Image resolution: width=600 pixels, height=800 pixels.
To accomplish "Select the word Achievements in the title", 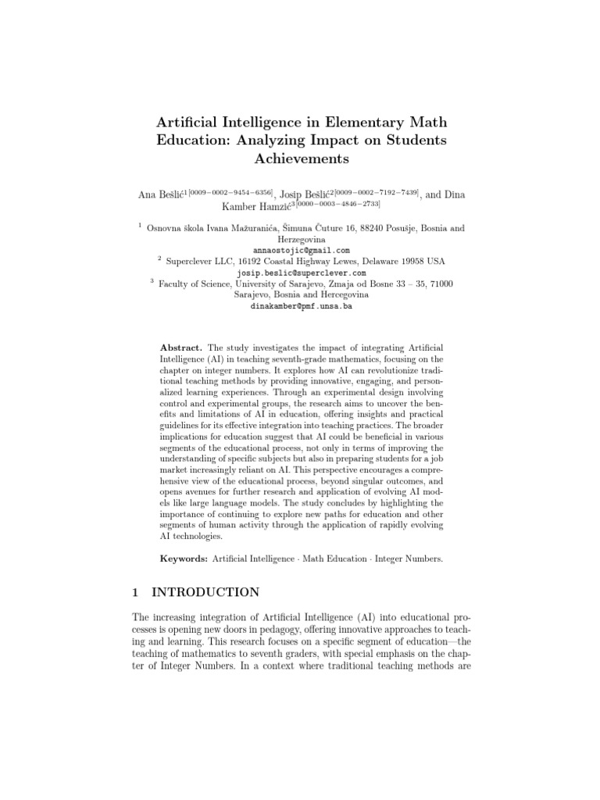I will pos(299,159).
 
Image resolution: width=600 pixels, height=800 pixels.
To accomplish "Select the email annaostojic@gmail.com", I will pos(300,250).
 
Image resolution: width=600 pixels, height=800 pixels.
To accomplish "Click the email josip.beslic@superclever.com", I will pos(300,273).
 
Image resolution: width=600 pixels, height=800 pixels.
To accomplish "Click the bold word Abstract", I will pos(180,346).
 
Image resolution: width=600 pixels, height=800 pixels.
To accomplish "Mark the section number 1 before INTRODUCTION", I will pos(137,593).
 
